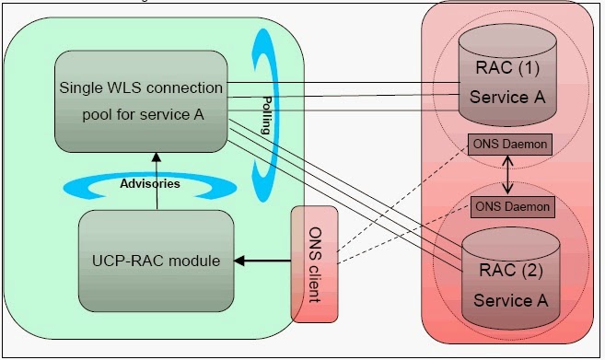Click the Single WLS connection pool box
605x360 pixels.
tap(140, 101)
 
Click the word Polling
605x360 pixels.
tap(266, 115)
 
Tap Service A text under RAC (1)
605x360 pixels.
tap(503, 97)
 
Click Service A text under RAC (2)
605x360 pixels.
tap(503, 300)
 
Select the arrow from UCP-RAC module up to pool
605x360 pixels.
tap(157, 180)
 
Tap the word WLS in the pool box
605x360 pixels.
tap(134, 88)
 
